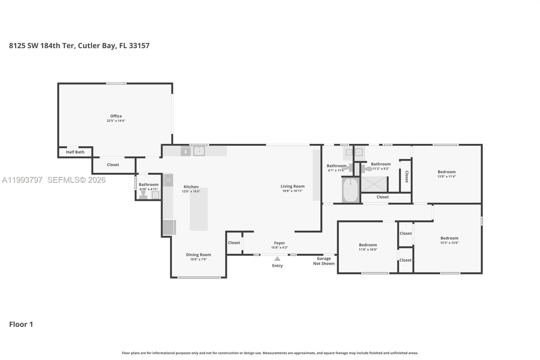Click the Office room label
tap(116, 116)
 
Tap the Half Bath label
tap(75, 152)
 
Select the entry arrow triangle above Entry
tap(277, 259)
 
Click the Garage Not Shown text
tap(324, 261)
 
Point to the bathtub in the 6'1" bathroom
tap(350, 190)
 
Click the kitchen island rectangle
tap(198, 209)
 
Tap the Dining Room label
tap(198, 255)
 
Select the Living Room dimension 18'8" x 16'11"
tap(293, 191)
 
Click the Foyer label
tap(279, 243)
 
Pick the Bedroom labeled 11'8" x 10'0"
tap(368, 245)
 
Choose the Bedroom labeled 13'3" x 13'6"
tap(449, 238)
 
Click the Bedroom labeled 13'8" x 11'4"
tap(447, 172)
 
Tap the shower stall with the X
tap(374, 184)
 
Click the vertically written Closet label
tap(407, 176)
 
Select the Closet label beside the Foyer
tap(234, 243)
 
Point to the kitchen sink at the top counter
tap(199, 151)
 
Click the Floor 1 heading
tap(21, 325)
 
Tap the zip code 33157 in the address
tap(139, 46)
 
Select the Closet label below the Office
tap(113, 165)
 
